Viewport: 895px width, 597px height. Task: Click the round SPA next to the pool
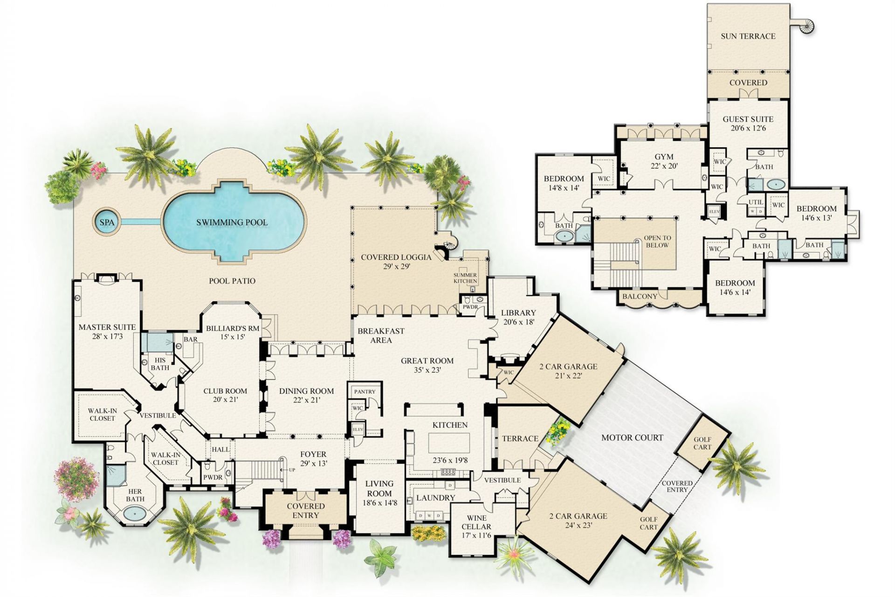pyautogui.click(x=107, y=222)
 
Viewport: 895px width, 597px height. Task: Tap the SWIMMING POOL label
pyautogui.click(x=232, y=222)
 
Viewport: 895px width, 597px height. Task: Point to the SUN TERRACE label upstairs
pyautogui.click(x=748, y=36)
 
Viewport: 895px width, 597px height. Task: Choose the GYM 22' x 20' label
pyautogui.click(x=663, y=161)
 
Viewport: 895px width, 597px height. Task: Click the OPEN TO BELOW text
pyautogui.click(x=657, y=241)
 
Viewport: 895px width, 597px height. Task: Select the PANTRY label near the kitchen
pyautogui.click(x=364, y=392)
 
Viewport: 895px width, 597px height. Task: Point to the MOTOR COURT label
pyautogui.click(x=632, y=437)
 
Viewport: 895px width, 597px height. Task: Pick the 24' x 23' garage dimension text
pyautogui.click(x=578, y=526)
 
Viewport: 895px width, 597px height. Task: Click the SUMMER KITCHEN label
pyautogui.click(x=465, y=278)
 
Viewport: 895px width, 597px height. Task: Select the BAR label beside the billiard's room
pyautogui.click(x=190, y=339)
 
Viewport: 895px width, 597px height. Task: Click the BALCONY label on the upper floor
pyautogui.click(x=640, y=296)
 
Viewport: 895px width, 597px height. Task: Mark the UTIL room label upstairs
pyautogui.click(x=756, y=202)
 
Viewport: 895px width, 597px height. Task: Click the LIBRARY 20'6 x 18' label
pyautogui.click(x=518, y=317)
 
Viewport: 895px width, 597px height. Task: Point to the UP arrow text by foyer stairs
pyautogui.click(x=291, y=470)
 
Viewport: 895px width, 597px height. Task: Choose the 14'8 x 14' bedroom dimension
pyautogui.click(x=564, y=188)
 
